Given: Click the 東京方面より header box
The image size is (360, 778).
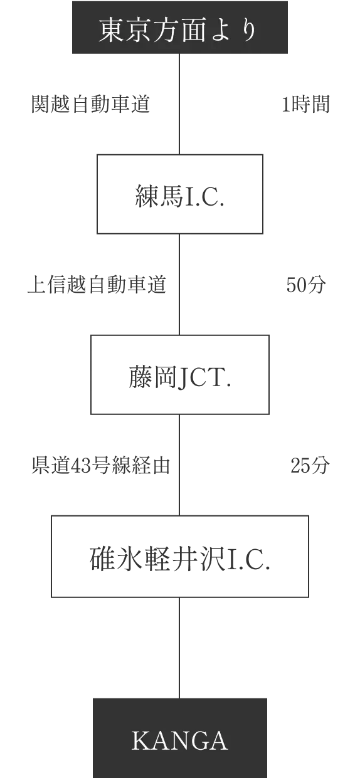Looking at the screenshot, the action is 180,28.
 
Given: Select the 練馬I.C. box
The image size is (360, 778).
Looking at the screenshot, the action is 179,194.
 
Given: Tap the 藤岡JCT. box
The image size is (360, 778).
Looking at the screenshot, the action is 180,375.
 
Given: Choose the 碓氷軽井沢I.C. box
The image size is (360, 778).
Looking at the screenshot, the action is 180,557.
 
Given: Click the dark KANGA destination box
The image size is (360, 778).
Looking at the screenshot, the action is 180,738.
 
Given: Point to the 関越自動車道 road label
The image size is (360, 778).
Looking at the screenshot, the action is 91,104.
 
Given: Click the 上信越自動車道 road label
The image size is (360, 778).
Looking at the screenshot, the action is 97,285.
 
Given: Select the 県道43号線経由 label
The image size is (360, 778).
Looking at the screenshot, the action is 101,465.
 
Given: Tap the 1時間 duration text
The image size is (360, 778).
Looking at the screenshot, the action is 306,104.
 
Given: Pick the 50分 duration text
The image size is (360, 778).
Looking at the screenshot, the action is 307,285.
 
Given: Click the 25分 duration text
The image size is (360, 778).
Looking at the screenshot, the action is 310,465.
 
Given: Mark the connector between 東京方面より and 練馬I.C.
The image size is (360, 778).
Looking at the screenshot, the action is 179,104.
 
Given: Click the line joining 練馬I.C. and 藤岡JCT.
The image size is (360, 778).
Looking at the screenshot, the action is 179,285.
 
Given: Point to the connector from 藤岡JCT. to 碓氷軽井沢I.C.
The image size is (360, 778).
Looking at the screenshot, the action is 179,465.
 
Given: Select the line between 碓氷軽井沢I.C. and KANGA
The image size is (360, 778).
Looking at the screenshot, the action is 179,648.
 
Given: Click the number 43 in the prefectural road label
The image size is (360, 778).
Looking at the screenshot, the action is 81,466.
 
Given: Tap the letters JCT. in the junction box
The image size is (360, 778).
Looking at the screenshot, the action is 204,378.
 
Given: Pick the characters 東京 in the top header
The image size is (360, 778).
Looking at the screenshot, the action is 125,30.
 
